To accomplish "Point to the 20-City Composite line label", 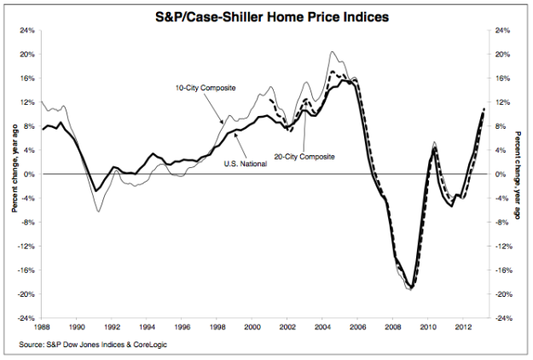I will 304,157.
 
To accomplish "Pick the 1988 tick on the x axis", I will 41,326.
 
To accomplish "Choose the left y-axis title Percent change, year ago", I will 10,174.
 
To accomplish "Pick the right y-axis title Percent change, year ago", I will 521,174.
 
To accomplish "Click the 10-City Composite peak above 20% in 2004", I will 333,52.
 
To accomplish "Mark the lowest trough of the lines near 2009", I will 411,288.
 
